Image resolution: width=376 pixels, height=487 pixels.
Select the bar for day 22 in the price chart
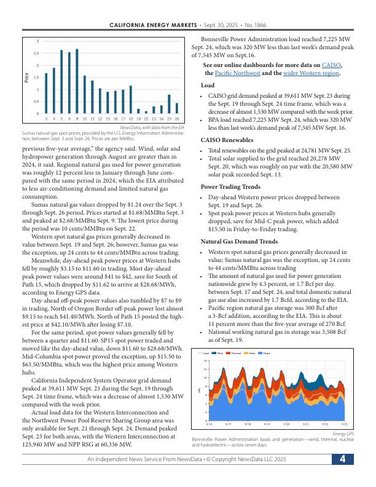(x=146, y=112)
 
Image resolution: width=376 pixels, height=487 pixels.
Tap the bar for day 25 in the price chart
(x=169, y=104)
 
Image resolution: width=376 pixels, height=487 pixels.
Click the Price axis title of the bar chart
(x=27, y=77)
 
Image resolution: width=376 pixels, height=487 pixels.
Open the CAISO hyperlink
(x=332, y=65)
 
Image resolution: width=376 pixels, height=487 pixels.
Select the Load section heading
(x=208, y=85)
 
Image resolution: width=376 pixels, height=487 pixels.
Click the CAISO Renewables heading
(x=227, y=140)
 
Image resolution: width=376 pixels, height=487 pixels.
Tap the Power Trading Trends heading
(x=230, y=186)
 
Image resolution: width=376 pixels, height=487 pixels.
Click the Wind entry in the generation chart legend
(x=219, y=353)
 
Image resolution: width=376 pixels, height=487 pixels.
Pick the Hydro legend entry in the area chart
(x=265, y=353)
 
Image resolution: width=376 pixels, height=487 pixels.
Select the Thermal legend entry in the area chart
(x=235, y=353)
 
